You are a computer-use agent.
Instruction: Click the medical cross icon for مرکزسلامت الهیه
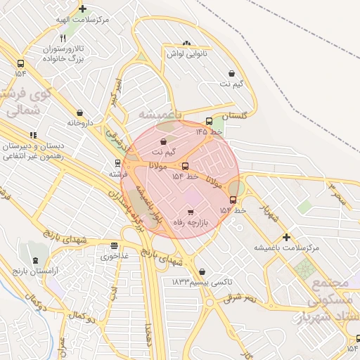(x=83, y=9)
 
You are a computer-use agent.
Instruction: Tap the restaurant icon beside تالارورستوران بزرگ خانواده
(x=63, y=38)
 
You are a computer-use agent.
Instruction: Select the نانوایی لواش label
(x=186, y=53)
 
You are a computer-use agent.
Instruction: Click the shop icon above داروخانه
(x=79, y=112)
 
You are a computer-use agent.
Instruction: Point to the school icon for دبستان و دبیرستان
(x=32, y=135)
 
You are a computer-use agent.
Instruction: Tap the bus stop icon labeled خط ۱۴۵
(x=209, y=121)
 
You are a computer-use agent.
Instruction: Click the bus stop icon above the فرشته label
(x=117, y=162)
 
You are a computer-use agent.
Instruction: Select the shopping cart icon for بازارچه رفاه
(x=190, y=211)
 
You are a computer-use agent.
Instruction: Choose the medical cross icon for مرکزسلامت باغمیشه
(x=285, y=238)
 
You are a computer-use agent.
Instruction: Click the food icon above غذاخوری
(x=114, y=245)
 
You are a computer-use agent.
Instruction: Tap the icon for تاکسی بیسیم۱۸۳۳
(x=202, y=271)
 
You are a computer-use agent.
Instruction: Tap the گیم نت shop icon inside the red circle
(x=164, y=141)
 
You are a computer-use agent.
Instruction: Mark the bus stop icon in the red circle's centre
(x=186, y=166)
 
